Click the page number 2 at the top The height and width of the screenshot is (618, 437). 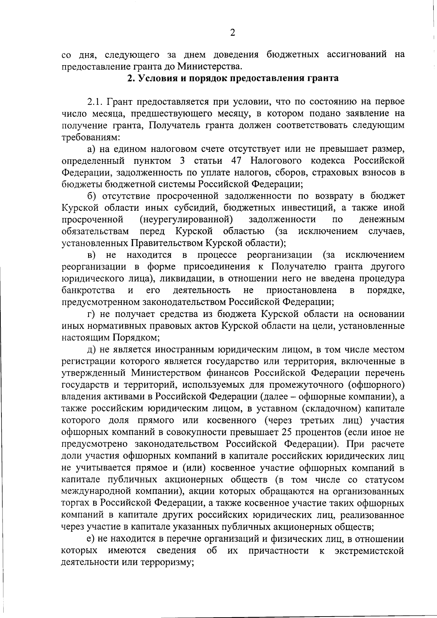click(x=233, y=33)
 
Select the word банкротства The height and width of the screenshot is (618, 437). click(x=88, y=290)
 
